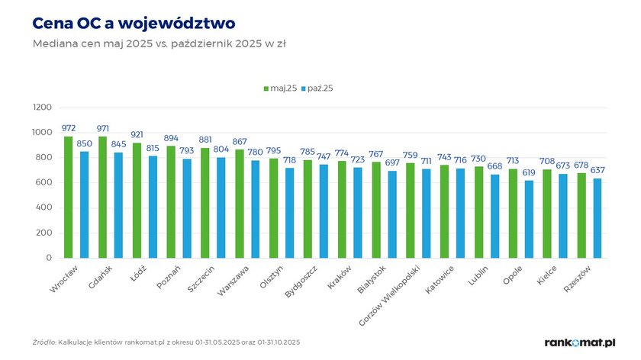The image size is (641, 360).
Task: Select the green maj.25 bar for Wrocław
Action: [x=69, y=197]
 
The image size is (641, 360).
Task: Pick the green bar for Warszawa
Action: [x=239, y=204]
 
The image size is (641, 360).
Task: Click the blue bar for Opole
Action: [x=528, y=220]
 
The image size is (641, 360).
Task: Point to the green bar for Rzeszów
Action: [x=581, y=216]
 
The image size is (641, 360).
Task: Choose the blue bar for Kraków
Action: [x=357, y=213]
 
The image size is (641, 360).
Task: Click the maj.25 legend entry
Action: [x=280, y=88]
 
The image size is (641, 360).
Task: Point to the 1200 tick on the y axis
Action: [x=41, y=108]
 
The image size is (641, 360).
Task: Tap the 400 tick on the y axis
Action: [x=44, y=208]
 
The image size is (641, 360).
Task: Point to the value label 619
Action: [x=529, y=173]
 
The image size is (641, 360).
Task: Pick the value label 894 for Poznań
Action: [x=172, y=139]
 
